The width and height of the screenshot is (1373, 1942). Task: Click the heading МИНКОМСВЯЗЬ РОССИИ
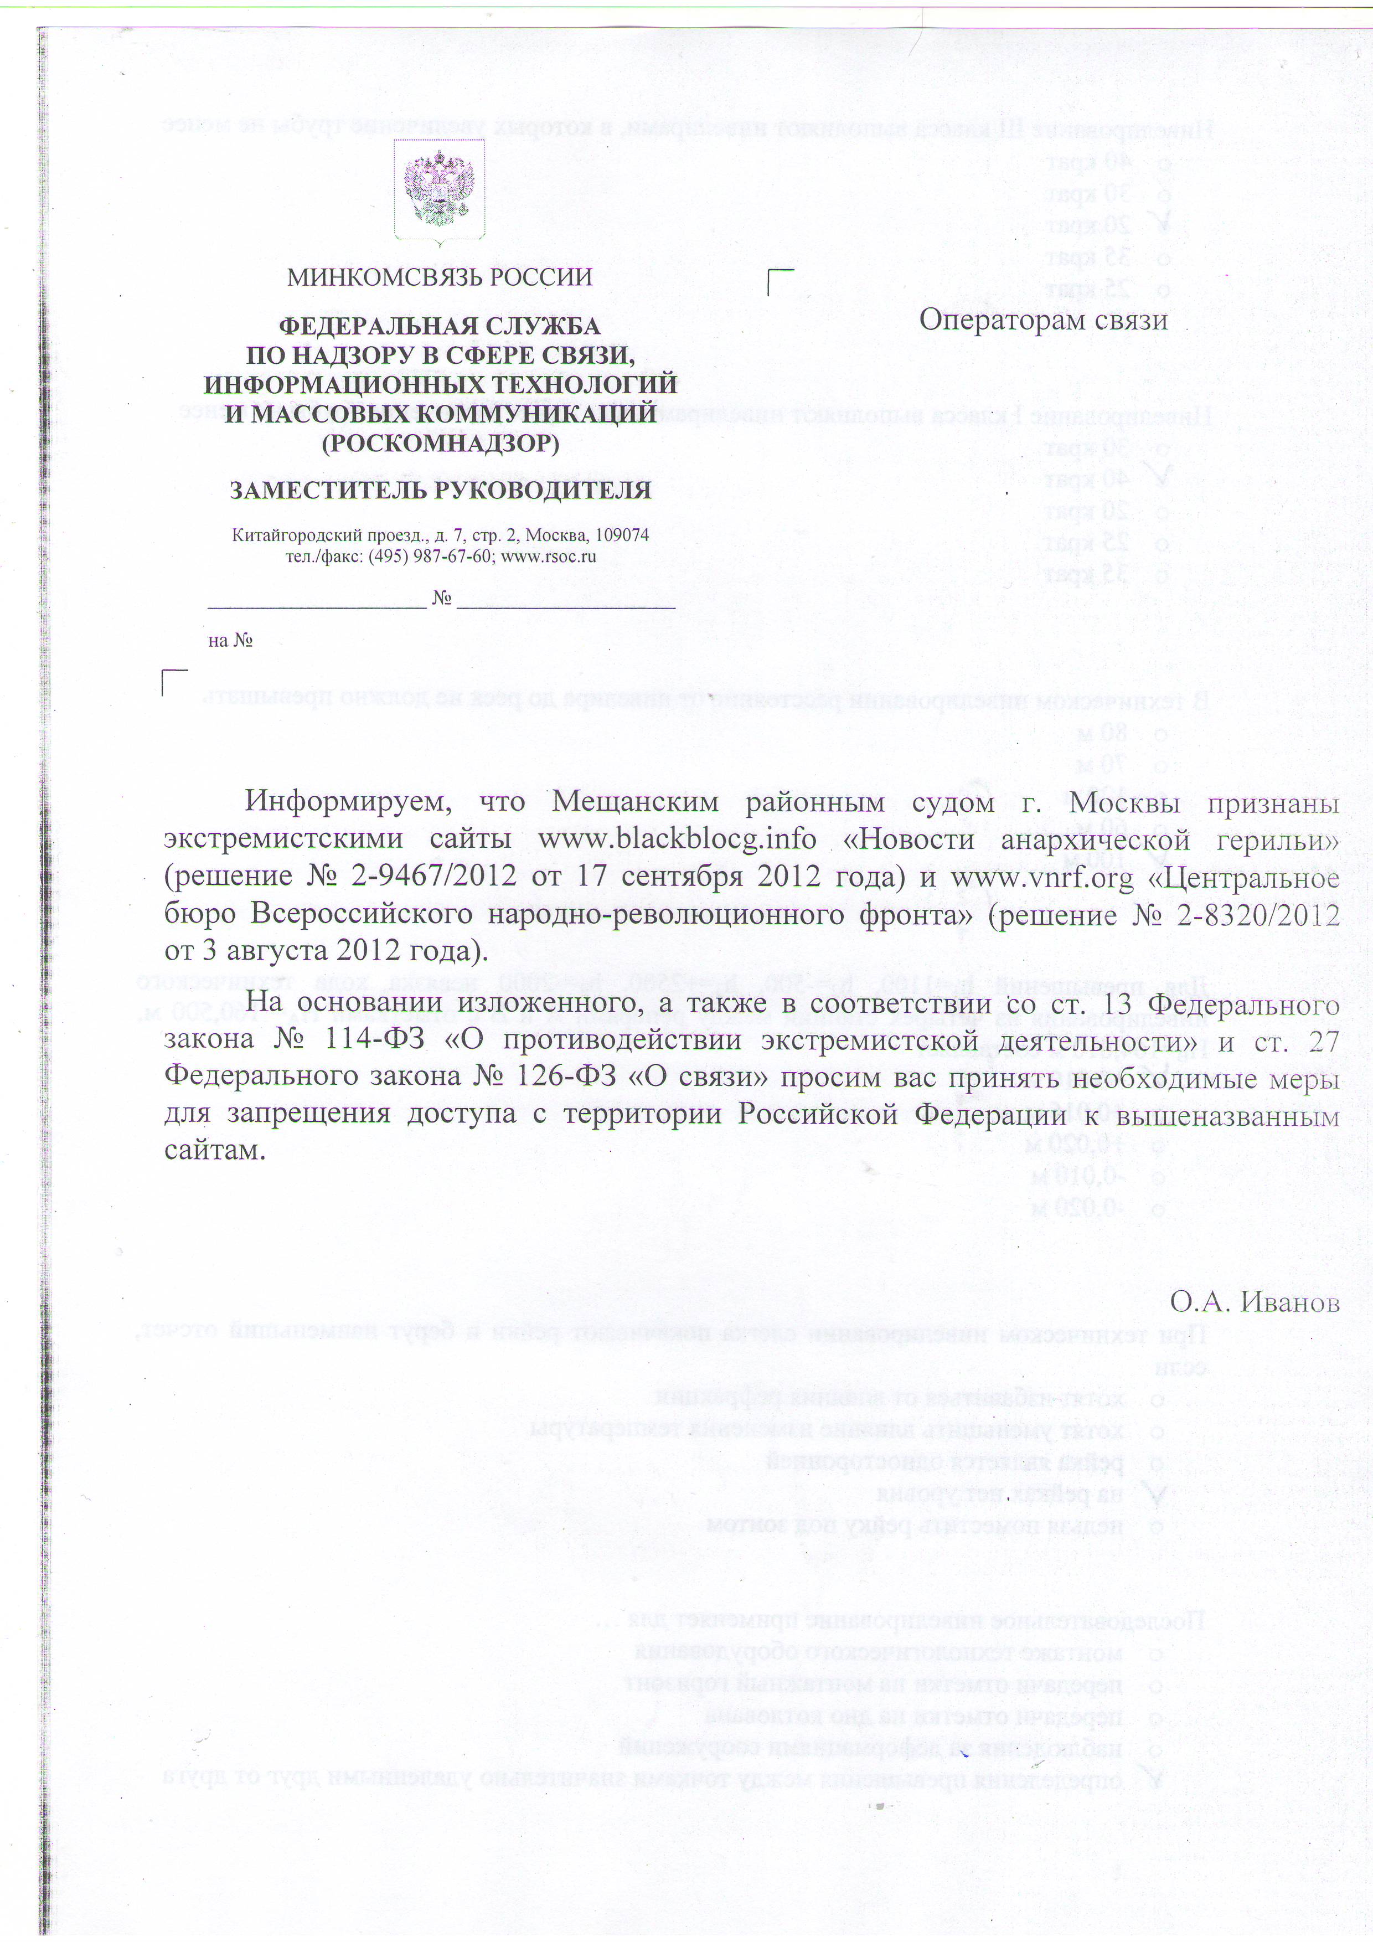pyautogui.click(x=440, y=277)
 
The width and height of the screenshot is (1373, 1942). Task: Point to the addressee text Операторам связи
pyautogui.click(x=1043, y=320)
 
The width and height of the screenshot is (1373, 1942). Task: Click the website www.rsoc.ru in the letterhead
pyautogui.click(x=549, y=557)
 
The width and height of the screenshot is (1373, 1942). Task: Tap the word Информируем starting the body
pyautogui.click(x=348, y=802)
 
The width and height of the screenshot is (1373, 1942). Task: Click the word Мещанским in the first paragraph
pyautogui.click(x=635, y=802)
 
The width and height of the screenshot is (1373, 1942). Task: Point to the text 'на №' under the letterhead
pyautogui.click(x=230, y=640)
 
